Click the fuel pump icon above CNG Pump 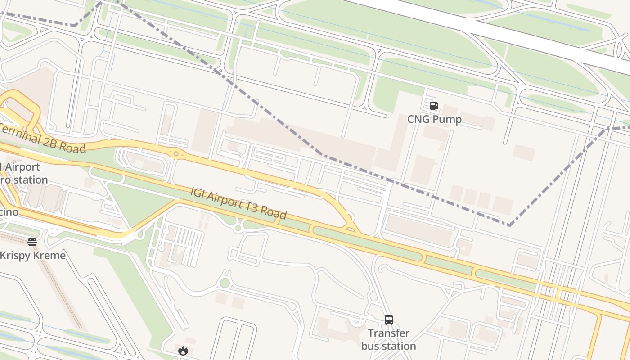pos(434,106)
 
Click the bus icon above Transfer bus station pos(389,320)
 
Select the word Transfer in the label pos(389,333)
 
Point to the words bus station pos(389,346)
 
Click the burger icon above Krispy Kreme pos(32,242)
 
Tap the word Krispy pos(14,256)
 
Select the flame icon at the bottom pos(183,351)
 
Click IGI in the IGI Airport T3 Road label pos(198,193)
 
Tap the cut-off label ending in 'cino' pos(9,211)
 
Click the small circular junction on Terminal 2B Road pos(176,154)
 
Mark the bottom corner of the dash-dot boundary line pos(509,225)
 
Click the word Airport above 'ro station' pos(22,167)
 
